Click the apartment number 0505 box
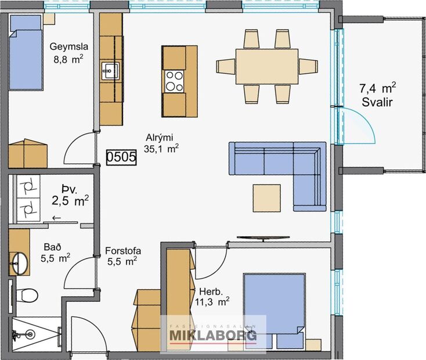(121, 156)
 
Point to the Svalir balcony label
(377, 94)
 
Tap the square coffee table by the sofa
(269, 198)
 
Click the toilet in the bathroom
(24, 295)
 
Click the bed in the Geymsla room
(27, 52)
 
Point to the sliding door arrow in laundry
(56, 218)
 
